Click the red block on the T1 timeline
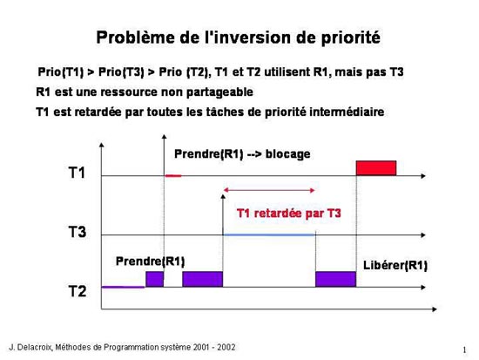click(376, 168)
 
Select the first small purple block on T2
click(154, 279)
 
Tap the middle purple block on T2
click(203, 279)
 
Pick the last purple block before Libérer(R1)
click(335, 279)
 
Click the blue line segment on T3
click(269, 234)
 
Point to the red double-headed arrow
click(269, 190)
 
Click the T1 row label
click(77, 173)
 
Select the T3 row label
click(77, 232)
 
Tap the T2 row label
click(77, 291)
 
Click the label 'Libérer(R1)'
click(395, 265)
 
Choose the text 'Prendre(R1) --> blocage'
click(242, 153)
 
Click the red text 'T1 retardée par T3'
click(288, 214)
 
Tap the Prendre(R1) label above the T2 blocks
click(151, 262)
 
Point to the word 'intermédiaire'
click(347, 112)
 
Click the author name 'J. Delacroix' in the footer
click(31, 348)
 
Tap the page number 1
click(465, 350)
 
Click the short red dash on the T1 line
click(173, 175)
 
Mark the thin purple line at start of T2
click(123, 287)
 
